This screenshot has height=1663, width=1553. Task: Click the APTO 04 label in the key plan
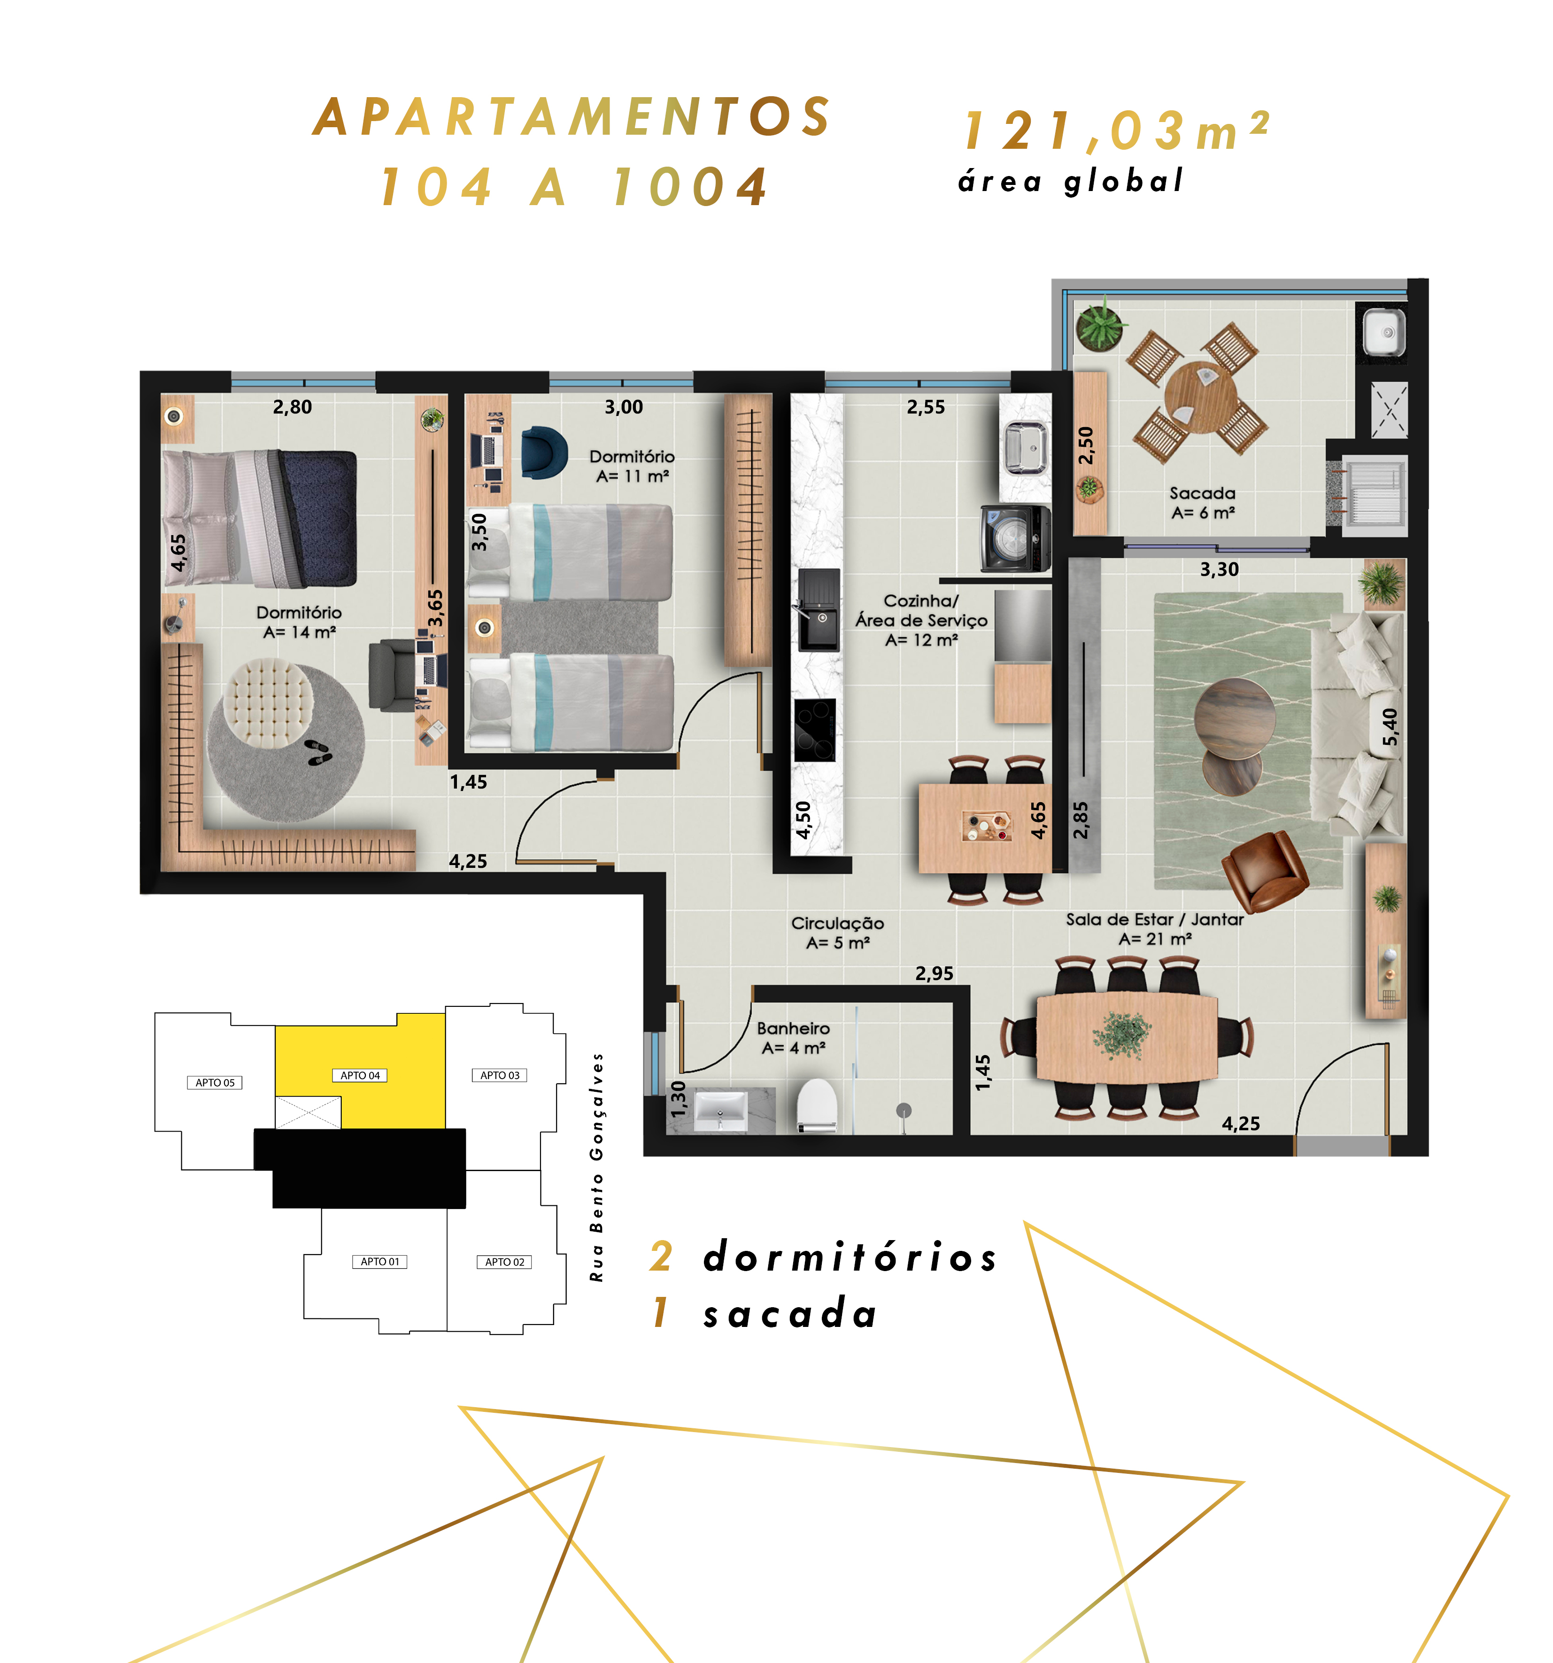click(x=360, y=1075)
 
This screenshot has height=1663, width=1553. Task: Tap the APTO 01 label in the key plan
click(x=380, y=1262)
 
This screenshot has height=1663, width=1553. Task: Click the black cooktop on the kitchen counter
click(x=814, y=729)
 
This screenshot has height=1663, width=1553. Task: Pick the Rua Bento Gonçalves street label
click(x=596, y=1167)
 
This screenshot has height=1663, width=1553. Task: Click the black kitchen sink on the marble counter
click(x=818, y=610)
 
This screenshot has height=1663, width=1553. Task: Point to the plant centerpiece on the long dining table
click(x=1122, y=1035)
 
